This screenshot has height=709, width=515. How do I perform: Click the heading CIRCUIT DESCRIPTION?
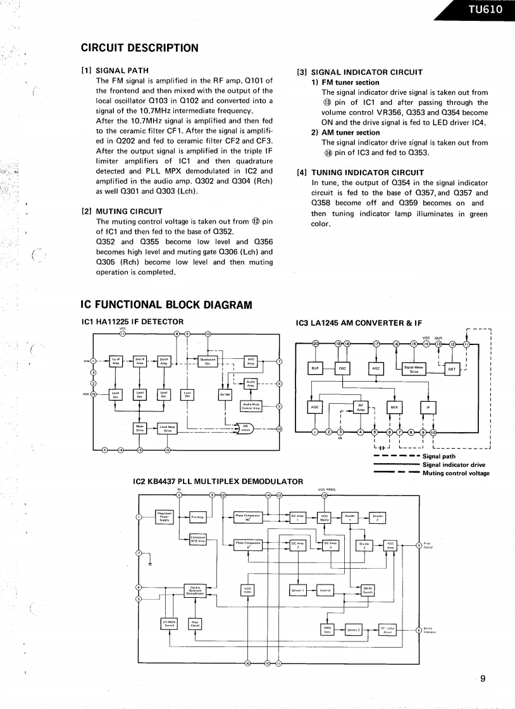pyautogui.click(x=140, y=48)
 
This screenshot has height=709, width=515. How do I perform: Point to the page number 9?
pyautogui.click(x=482, y=679)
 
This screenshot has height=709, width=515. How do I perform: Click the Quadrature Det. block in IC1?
pyautogui.click(x=209, y=361)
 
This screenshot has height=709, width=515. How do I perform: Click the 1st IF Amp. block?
pyautogui.click(x=116, y=361)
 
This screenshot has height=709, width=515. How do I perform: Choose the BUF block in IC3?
pyautogui.click(x=314, y=368)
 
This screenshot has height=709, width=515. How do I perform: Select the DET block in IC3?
pyautogui.click(x=452, y=369)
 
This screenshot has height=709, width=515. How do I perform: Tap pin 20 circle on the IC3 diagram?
pyautogui.click(x=316, y=344)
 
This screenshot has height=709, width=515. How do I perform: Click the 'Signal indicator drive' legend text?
pyautogui.click(x=454, y=464)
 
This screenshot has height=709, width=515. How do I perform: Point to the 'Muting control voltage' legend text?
pyautogui.click(x=456, y=473)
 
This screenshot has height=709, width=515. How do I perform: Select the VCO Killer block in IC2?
pyautogui.click(x=248, y=590)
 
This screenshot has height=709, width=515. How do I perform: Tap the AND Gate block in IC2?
pyautogui.click(x=328, y=629)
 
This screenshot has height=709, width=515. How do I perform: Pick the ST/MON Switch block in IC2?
pyautogui.click(x=169, y=624)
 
